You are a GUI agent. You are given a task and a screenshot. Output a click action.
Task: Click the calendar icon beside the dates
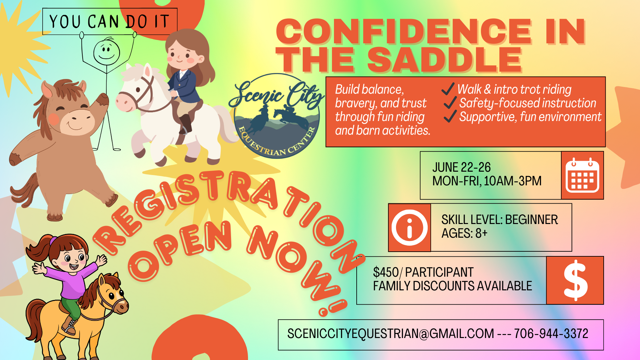tap(582, 175)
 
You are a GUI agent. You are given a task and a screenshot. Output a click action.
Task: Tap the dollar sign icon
tap(575, 280)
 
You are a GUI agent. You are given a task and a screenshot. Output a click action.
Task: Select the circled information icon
tap(409, 228)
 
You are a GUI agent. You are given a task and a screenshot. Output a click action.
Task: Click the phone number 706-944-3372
tap(551, 334)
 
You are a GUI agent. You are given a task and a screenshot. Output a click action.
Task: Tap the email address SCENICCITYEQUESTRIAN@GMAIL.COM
tap(391, 334)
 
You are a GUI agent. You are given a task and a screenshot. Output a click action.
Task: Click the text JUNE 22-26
tap(461, 167)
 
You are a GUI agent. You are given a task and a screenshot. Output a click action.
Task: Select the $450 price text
tap(386, 272)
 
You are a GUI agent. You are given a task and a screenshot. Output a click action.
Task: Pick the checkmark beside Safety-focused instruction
tap(450, 103)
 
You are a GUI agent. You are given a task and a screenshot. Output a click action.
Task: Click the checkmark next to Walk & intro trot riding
tap(448, 89)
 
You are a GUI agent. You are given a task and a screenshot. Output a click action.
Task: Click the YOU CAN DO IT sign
tap(110, 22)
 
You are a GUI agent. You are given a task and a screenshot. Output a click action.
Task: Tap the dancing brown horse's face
tap(72, 115)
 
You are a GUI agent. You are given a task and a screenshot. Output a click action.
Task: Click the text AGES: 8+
tap(464, 233)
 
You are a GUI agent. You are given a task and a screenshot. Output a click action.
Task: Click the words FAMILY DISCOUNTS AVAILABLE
tap(452, 286)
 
